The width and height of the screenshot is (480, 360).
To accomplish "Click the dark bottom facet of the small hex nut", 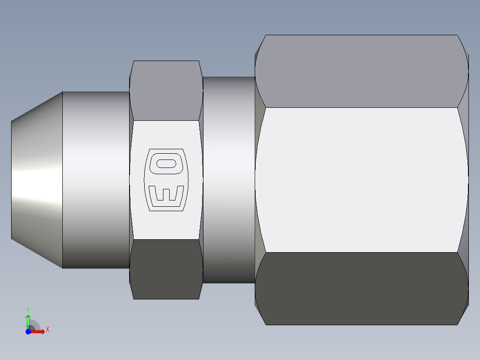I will (x=166, y=269).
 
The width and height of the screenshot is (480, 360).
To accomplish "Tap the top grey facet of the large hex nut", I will (x=362, y=71).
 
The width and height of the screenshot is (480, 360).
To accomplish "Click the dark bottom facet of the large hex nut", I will (x=362, y=288).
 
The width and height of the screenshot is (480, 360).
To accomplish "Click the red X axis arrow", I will (x=39, y=331).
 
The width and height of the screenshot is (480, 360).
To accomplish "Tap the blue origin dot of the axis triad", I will (x=28, y=331).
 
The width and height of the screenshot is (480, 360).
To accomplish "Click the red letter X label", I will (x=48, y=330).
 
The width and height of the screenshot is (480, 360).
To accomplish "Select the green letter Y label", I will (x=28, y=309).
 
